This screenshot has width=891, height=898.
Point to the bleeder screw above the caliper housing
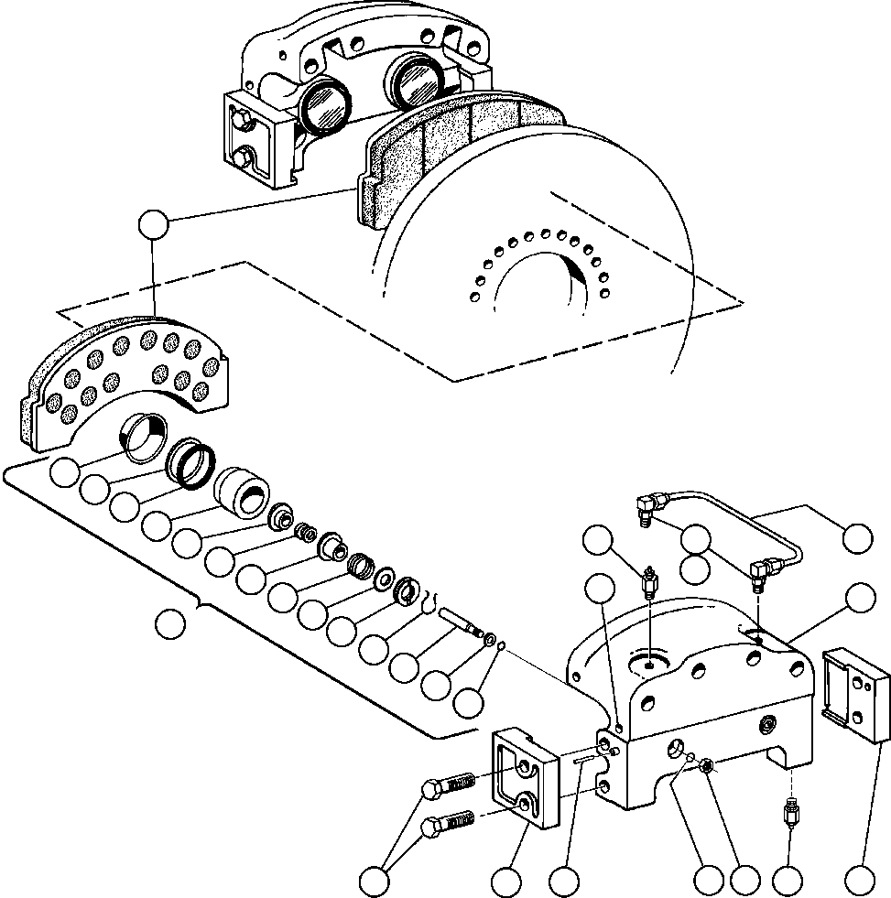(649, 582)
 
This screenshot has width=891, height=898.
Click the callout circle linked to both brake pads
(152, 224)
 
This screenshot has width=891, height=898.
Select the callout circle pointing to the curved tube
(858, 537)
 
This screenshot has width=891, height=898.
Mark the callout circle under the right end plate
(858, 882)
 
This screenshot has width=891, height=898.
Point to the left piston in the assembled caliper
(325, 103)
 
